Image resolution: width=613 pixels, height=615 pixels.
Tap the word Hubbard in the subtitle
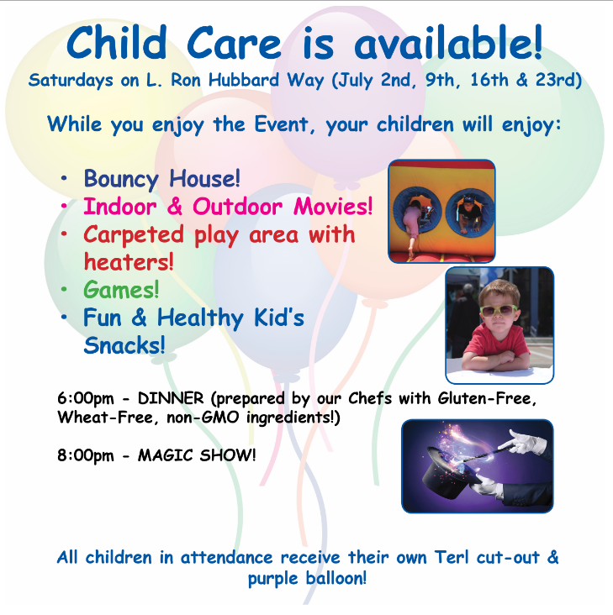pos(244,81)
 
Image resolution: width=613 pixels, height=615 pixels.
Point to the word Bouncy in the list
pos(121,180)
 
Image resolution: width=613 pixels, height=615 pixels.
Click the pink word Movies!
pos(333,207)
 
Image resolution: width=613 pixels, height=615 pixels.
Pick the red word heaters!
pos(129,262)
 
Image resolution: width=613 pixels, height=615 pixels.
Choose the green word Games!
pos(121,290)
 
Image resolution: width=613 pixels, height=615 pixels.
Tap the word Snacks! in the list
pos(124,345)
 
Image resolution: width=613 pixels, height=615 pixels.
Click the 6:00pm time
pos(86,399)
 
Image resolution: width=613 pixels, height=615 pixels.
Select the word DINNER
pos(171,398)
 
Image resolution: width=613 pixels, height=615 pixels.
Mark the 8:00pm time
pos(86,455)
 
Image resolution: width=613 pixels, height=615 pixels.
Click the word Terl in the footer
pos(452,557)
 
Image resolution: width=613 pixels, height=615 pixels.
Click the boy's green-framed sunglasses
pos(499,311)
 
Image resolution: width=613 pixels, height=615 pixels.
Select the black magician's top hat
pos(452,474)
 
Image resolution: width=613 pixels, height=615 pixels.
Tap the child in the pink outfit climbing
pos(413,224)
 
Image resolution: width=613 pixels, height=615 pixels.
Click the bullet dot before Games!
pos(64,290)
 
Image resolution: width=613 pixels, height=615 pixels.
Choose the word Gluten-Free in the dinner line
pos(487,399)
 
